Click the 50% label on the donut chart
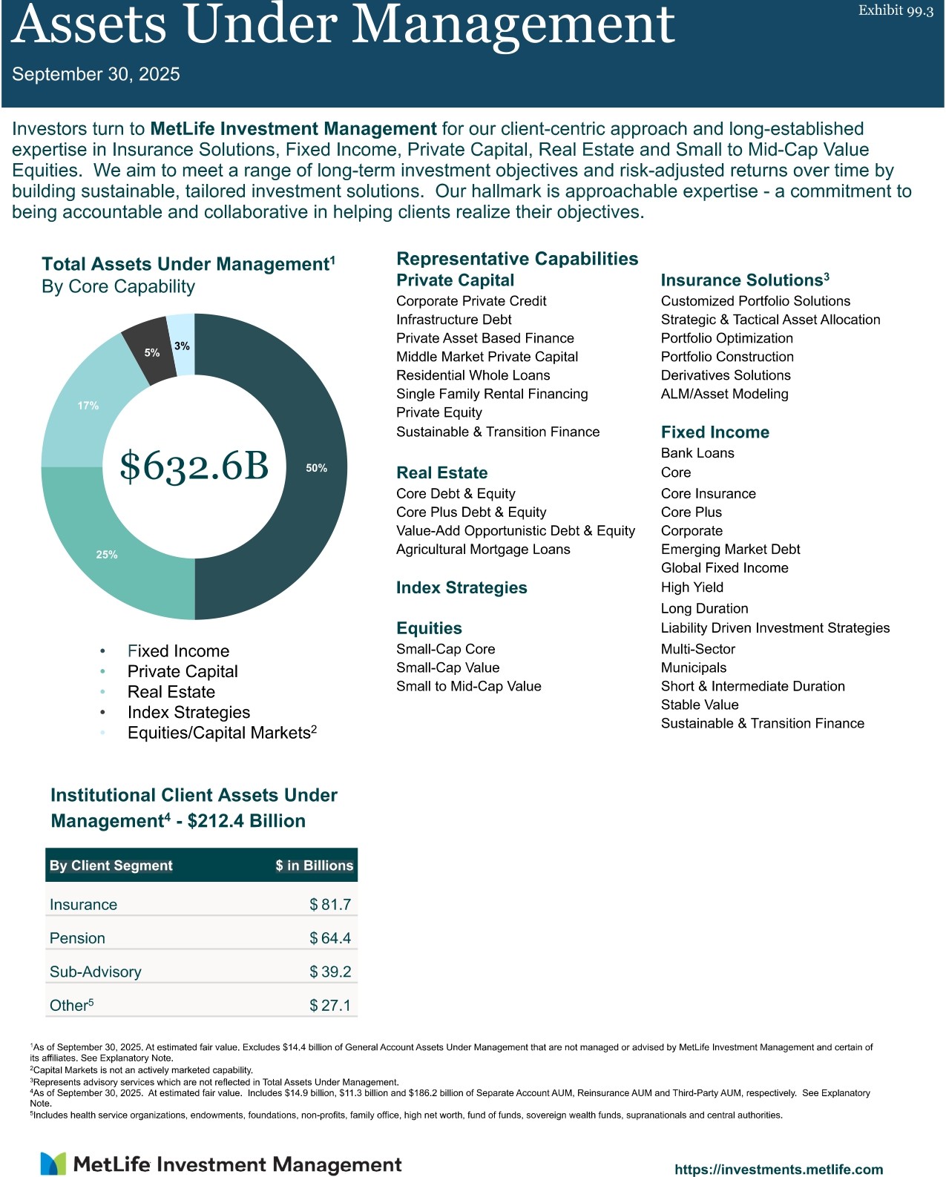pos(316,468)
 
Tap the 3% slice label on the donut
pos(182,346)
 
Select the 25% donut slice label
pos(107,555)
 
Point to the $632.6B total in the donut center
pos(194,466)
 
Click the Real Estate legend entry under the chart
pos(171,692)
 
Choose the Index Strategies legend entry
pos(188,713)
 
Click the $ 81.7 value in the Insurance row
pos(330,905)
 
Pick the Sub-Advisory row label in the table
pos(95,972)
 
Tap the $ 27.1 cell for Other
pos(330,1006)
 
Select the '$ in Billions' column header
pos(314,866)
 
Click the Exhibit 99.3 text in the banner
pos(896,10)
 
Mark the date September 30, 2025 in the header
pos(96,74)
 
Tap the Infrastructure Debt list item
pos(454,320)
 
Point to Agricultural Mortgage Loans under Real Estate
pos(483,550)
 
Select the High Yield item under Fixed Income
pos(692,587)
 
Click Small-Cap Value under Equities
pos(448,667)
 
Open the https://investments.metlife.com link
pos(778,1169)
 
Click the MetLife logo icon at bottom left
pos(53,1164)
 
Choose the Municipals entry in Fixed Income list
pos(694,667)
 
